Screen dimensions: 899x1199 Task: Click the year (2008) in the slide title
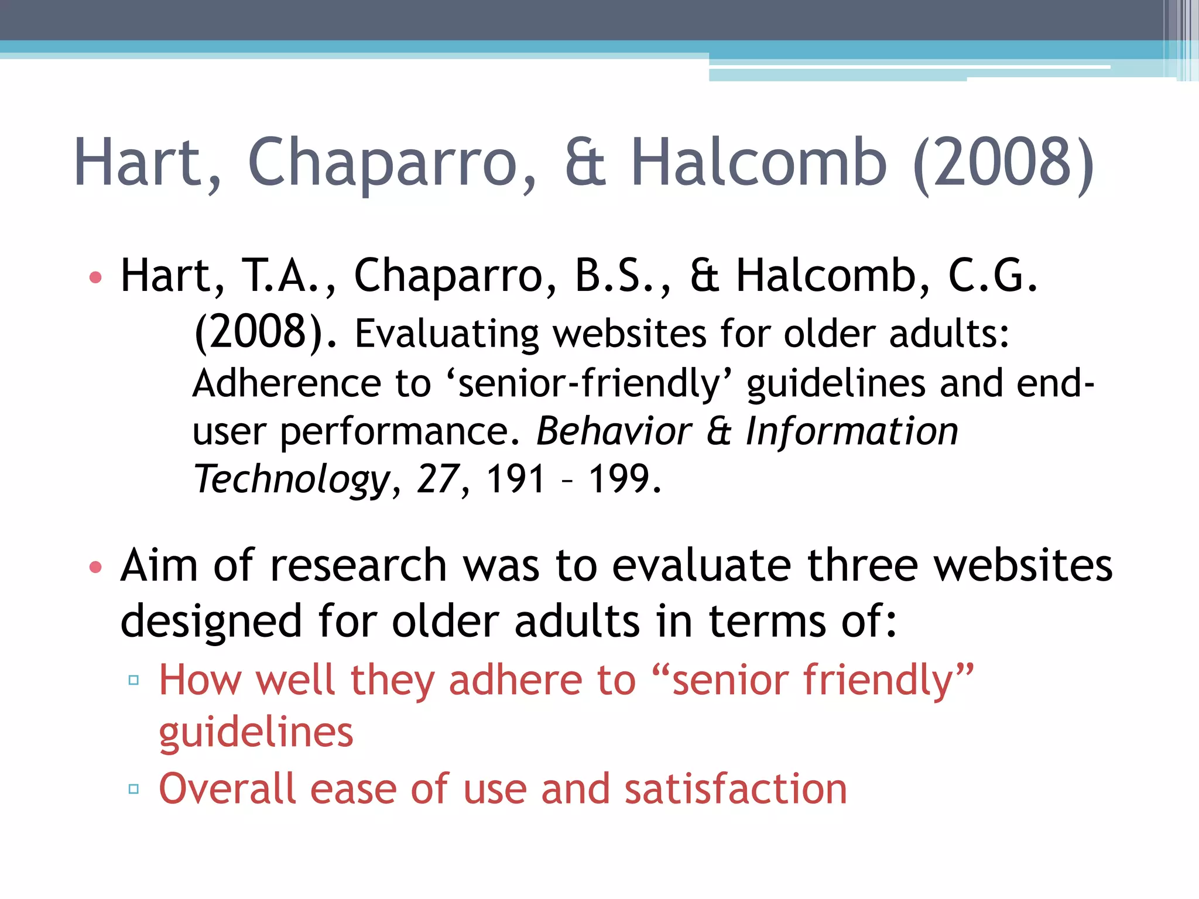tap(1003, 162)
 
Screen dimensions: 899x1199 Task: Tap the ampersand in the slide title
tap(585, 162)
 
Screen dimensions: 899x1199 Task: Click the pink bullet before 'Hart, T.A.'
tap(95, 277)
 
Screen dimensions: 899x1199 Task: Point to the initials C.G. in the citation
tap(993, 275)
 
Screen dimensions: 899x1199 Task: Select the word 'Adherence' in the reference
tap(286, 383)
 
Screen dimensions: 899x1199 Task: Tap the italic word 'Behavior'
tap(614, 431)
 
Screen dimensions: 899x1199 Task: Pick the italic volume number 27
tap(437, 479)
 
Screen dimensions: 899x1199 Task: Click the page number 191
tap(515, 479)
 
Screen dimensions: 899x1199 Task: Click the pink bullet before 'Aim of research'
tap(95, 567)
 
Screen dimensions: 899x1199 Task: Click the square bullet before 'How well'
tap(133, 680)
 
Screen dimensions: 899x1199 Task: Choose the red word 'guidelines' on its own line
tap(256, 733)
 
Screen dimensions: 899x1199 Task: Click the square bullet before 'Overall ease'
tap(133, 789)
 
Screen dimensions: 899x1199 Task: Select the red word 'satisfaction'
tap(736, 789)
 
